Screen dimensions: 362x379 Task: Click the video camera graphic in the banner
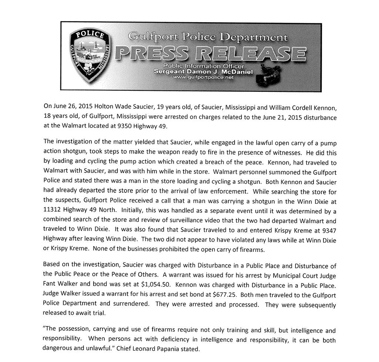[x=272, y=76]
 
